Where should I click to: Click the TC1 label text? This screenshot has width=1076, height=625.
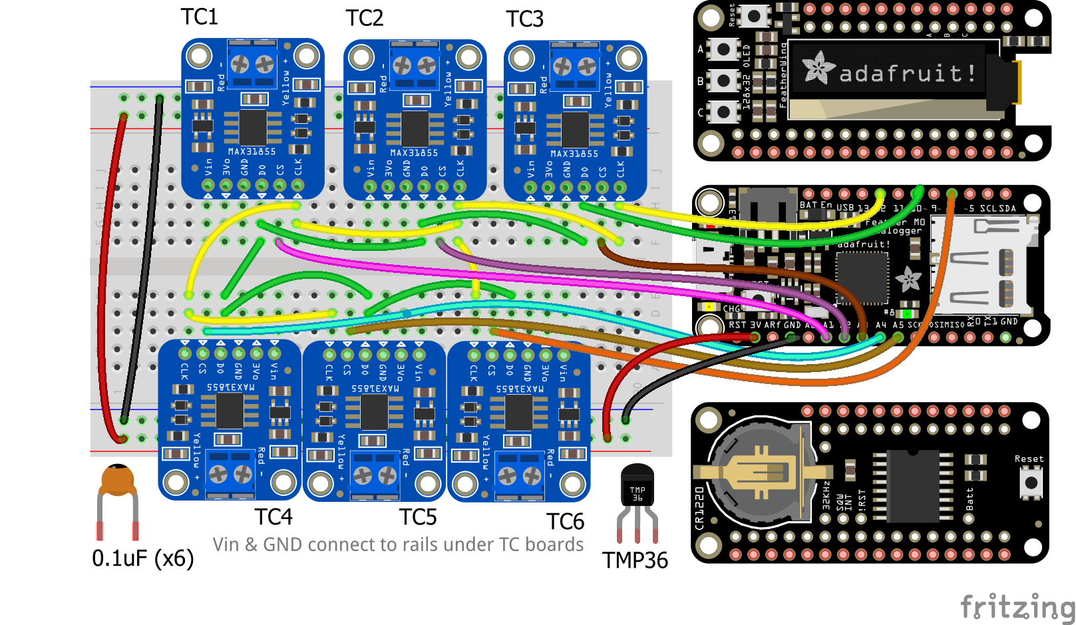pyautogui.click(x=200, y=17)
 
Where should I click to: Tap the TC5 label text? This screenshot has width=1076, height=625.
pyautogui.click(x=418, y=517)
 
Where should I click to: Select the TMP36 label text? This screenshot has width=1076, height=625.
pyautogui.click(x=635, y=560)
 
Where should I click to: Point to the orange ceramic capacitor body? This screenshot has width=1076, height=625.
pyautogui.click(x=118, y=480)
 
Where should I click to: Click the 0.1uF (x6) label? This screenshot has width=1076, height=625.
pyautogui.click(x=142, y=558)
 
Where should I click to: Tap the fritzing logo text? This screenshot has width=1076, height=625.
pyautogui.click(x=1017, y=607)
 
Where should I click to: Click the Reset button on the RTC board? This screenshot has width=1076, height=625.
pyautogui.click(x=1031, y=483)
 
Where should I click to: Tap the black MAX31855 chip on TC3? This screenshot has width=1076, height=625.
pyautogui.click(x=575, y=130)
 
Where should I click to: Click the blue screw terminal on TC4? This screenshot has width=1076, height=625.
pyautogui.click(x=230, y=474)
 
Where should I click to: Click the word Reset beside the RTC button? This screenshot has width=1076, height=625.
pyautogui.click(x=1029, y=459)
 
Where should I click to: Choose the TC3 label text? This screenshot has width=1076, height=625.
pyautogui.click(x=524, y=19)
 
